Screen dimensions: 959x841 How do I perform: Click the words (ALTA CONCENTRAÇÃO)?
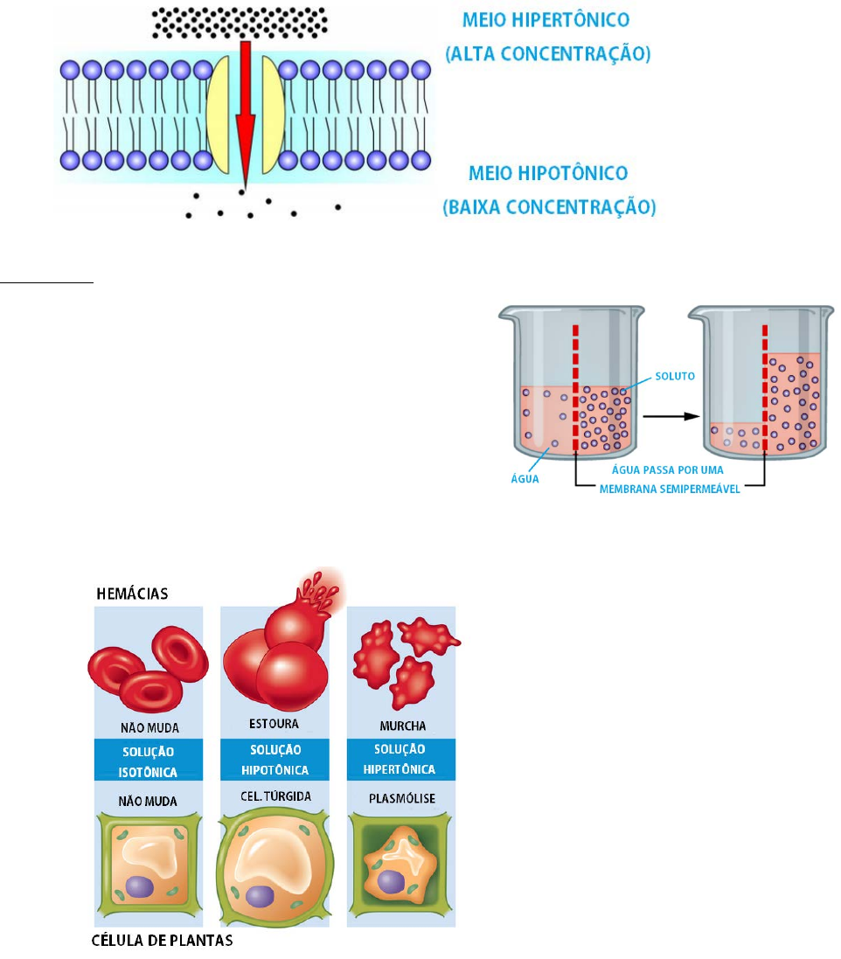point(548,54)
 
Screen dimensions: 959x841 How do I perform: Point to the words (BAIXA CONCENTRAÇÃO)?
point(550,209)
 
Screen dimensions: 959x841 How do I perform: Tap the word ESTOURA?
point(274,724)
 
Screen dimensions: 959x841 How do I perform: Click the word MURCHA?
point(401,726)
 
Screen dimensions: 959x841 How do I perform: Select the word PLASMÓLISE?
point(401,799)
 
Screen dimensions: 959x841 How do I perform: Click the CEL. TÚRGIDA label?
point(276,799)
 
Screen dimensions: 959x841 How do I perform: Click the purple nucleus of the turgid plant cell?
point(259,896)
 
